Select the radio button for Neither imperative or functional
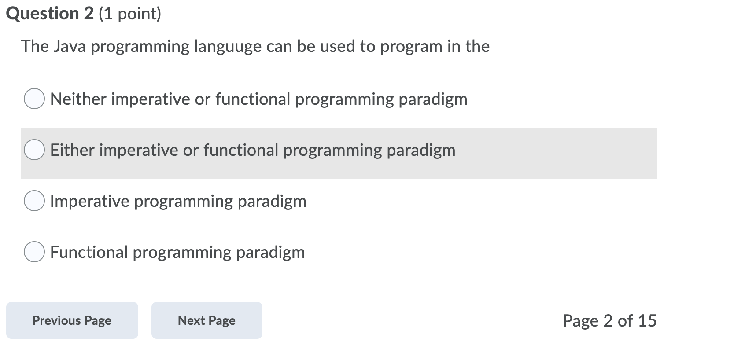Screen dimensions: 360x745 (x=34, y=99)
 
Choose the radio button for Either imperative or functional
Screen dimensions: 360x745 (x=34, y=150)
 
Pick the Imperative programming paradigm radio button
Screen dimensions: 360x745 (x=34, y=201)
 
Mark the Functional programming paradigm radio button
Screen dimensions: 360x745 (x=34, y=252)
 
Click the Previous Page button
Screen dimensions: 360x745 (x=72, y=320)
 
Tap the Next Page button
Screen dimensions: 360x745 (x=207, y=320)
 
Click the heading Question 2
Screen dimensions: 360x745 (x=50, y=14)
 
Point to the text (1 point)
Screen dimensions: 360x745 (x=130, y=14)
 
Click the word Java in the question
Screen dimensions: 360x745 (x=70, y=46)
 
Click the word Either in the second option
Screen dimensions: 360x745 (x=72, y=150)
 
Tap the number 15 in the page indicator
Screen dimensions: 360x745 (x=647, y=321)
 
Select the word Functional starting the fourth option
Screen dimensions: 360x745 (x=89, y=252)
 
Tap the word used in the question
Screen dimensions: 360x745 (x=338, y=46)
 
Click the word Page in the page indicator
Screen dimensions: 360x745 (x=580, y=321)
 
